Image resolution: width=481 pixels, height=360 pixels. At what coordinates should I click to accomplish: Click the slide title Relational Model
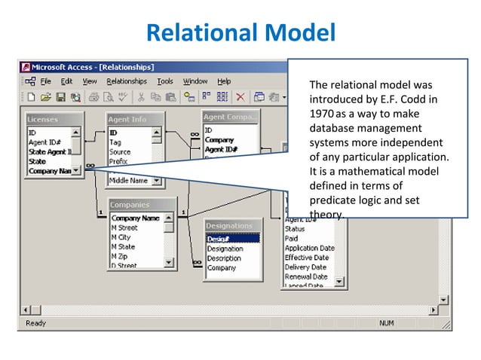pyautogui.click(x=240, y=33)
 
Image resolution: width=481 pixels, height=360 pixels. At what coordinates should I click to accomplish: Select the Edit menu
pyautogui.click(x=67, y=81)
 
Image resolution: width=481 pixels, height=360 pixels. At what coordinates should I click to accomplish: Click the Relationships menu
pyautogui.click(x=127, y=81)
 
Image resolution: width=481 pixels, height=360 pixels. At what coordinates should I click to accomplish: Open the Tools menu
pyautogui.click(x=164, y=81)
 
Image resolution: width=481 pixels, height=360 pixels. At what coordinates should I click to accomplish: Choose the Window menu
pyautogui.click(x=195, y=81)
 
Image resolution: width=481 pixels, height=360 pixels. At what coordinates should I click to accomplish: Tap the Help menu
pyautogui.click(x=224, y=81)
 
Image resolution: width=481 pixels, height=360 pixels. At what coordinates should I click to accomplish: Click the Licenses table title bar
pyautogui.click(x=53, y=120)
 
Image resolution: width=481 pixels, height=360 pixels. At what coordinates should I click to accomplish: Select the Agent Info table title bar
pyautogui.click(x=134, y=119)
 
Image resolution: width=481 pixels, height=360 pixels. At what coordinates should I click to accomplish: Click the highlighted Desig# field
pyautogui.click(x=232, y=239)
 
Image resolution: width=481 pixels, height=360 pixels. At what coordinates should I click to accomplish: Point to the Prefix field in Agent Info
pyautogui.click(x=120, y=161)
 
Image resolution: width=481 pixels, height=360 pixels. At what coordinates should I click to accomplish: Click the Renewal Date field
pyautogui.click(x=305, y=276)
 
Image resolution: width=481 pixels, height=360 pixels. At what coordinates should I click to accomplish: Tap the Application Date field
pyautogui.click(x=309, y=248)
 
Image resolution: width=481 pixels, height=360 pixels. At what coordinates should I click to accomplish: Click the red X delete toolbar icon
pyautogui.click(x=240, y=96)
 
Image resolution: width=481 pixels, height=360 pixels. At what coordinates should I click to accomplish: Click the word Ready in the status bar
pyautogui.click(x=37, y=323)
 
